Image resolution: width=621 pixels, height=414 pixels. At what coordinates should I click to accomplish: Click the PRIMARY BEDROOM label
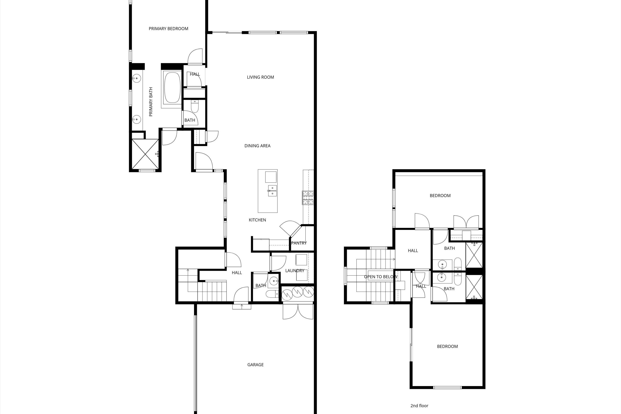[x=168, y=29]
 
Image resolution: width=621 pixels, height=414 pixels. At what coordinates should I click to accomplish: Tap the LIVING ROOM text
[x=260, y=77]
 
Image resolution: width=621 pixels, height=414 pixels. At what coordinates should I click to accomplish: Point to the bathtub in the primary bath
[x=172, y=88]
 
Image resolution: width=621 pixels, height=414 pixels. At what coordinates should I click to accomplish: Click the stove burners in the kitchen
[x=308, y=198]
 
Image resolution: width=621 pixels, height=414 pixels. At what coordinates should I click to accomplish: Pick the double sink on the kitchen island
[x=272, y=191]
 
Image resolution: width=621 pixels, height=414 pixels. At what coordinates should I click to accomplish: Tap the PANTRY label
[x=299, y=243]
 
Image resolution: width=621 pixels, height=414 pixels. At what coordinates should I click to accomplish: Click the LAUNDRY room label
[x=295, y=271]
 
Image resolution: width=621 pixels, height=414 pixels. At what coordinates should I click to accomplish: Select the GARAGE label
[x=255, y=365]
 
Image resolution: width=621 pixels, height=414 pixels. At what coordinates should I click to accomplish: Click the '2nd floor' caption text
[x=419, y=406]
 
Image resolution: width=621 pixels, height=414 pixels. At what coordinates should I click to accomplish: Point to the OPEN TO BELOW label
[x=380, y=277]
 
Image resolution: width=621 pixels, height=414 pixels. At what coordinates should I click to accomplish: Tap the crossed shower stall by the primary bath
[x=145, y=154]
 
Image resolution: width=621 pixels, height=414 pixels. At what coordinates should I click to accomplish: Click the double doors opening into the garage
[x=298, y=312]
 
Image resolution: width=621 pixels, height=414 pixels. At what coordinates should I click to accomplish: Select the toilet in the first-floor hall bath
[x=272, y=294]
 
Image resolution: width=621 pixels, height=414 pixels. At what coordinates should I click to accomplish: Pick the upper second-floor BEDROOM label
[x=440, y=196]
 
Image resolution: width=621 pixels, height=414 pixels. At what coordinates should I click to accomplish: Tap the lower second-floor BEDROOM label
[x=447, y=346]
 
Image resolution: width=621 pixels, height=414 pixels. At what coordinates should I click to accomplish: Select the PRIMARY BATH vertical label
[x=151, y=102]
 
